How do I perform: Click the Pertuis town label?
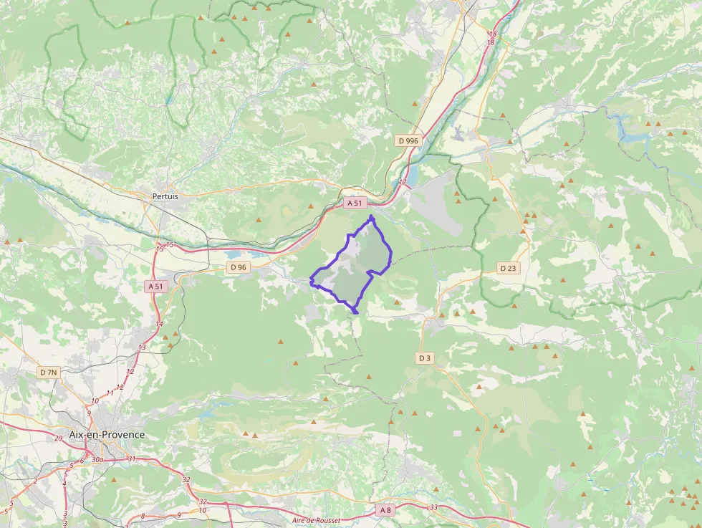(165, 196)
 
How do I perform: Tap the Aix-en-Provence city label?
(107, 435)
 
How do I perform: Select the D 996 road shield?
(408, 141)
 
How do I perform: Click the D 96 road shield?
(239, 267)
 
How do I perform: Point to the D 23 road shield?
(508, 268)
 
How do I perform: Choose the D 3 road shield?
(425, 357)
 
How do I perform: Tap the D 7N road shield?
(49, 373)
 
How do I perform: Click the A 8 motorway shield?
(385, 510)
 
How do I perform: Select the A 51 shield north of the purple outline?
(355, 203)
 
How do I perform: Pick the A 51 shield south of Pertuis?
(155, 287)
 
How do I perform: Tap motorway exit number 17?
(403, 183)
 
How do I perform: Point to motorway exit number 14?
(159, 325)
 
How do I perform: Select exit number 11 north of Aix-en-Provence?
(110, 393)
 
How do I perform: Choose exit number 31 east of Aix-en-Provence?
(131, 459)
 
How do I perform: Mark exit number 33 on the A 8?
(433, 508)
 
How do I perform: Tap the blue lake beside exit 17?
(413, 175)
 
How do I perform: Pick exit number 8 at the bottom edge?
(143, 516)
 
